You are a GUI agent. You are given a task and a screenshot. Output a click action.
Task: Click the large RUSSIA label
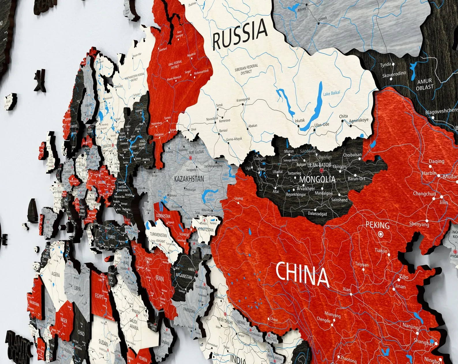[240, 34]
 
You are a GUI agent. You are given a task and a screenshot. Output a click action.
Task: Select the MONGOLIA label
[317, 179]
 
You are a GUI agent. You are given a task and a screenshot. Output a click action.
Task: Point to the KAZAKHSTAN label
[189, 179]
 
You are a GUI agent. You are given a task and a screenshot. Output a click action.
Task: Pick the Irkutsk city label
[300, 121]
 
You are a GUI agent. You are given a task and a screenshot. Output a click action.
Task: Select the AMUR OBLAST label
[425, 84]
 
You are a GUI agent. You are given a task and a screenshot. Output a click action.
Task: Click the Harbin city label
[429, 173]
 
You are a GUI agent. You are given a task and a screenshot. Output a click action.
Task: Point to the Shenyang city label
[419, 224]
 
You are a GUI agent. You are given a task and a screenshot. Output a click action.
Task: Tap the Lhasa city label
[274, 319]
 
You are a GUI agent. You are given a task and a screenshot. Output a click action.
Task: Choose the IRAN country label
[159, 279]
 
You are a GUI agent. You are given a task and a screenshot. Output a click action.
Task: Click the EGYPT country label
[99, 296]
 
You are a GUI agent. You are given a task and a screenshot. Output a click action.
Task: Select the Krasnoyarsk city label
[243, 100]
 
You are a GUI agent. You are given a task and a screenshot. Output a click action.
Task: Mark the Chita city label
[343, 116]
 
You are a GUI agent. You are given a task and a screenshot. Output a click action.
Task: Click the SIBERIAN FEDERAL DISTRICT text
[246, 69]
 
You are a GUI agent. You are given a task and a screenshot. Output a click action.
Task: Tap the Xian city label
[346, 289]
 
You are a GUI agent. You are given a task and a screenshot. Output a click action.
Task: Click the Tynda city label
[385, 65]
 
